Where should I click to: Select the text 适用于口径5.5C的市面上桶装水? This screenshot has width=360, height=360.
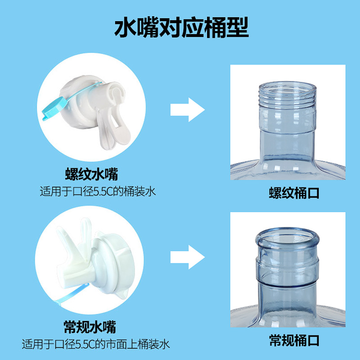(95, 345)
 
